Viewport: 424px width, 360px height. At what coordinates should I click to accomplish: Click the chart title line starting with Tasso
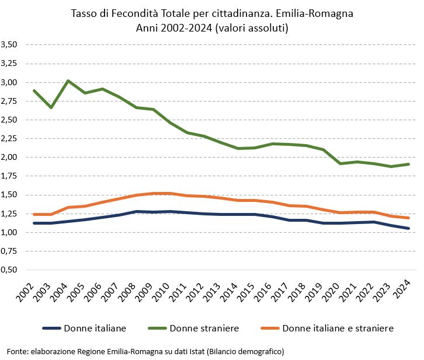tap(212, 13)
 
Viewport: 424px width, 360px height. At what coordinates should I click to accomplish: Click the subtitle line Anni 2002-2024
tap(212, 27)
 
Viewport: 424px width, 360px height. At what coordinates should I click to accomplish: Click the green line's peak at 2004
tap(68, 81)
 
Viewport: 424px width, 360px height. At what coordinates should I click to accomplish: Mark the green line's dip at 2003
tap(51, 107)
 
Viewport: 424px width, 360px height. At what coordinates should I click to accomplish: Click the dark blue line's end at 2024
tap(408, 228)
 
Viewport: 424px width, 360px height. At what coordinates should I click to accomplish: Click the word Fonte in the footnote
tap(17, 352)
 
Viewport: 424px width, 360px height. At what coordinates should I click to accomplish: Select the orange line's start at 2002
tap(34, 214)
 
